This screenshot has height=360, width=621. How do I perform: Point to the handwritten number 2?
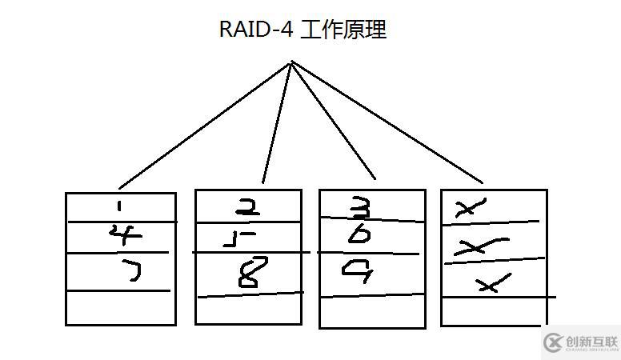point(247,208)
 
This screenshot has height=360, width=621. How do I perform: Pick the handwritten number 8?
point(249,274)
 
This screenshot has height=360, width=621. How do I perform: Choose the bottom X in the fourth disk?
point(492,282)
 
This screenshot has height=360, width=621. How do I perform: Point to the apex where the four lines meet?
point(291,62)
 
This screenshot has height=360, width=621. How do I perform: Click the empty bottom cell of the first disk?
point(120,308)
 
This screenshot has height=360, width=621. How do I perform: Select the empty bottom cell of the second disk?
point(249,309)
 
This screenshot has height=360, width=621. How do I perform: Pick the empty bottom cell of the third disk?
point(372,311)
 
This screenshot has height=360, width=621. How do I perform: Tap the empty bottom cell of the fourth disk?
point(493,311)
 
